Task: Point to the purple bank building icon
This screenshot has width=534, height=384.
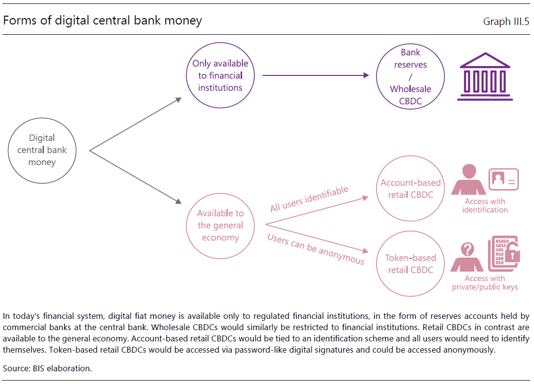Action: (485, 76)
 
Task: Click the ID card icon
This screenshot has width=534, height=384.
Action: (504, 179)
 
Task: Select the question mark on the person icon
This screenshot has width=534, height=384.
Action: (467, 249)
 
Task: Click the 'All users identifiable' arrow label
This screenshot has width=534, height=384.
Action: (309, 199)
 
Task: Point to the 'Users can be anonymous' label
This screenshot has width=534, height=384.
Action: (316, 249)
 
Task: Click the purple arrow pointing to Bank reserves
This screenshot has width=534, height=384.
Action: (316, 75)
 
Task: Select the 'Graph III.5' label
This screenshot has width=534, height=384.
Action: (506, 22)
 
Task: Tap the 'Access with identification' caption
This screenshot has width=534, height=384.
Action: (485, 206)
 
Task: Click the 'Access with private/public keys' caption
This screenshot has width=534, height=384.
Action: (485, 283)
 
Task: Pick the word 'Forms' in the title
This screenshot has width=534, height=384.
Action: (20, 21)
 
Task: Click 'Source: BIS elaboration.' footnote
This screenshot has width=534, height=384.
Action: (47, 368)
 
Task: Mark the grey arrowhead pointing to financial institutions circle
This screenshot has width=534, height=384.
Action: (178, 99)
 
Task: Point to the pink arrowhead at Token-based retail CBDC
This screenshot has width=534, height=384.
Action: (365, 251)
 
